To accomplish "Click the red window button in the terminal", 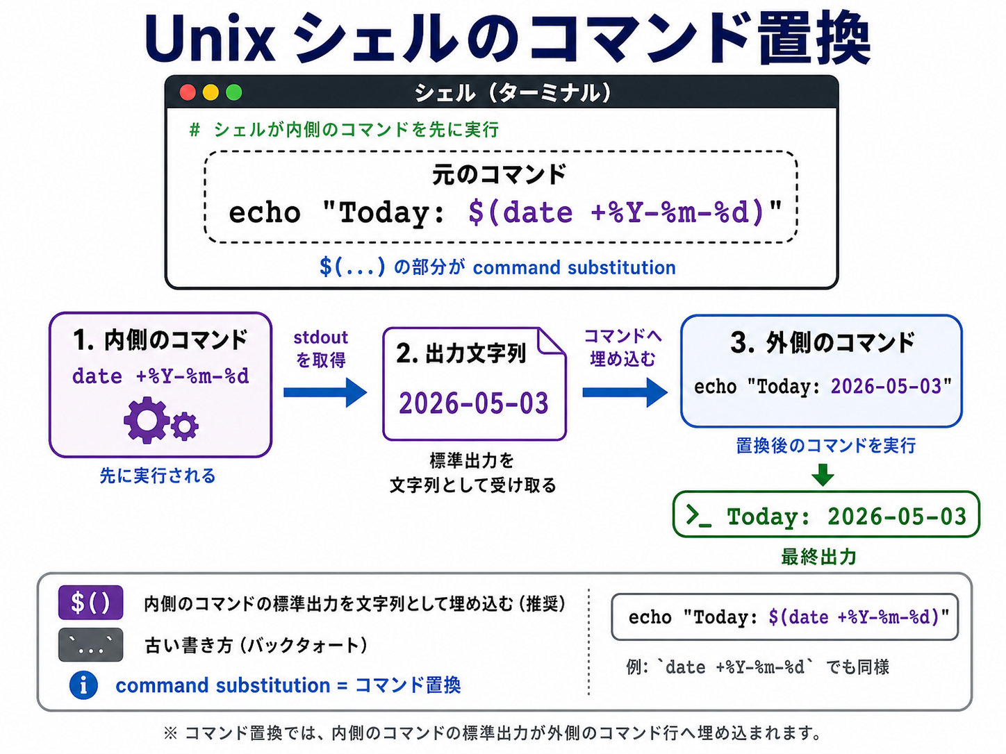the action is [188, 92].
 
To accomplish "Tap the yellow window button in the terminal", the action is [211, 92].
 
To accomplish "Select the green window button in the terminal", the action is [234, 92].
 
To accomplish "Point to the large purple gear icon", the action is [146, 420].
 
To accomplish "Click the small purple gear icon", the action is [185, 426].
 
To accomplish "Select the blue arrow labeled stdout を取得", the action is [325, 392].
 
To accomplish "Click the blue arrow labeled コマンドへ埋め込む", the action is [625, 392].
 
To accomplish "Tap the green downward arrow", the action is [823, 475].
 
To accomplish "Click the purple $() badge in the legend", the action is [91, 603].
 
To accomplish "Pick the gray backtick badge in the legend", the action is [91, 644].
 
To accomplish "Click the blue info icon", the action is [83, 685].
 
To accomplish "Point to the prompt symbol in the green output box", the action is [698, 517].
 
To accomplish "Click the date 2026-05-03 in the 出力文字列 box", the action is [473, 403].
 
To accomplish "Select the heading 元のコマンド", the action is [500, 174].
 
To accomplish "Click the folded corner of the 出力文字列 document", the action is [552, 341].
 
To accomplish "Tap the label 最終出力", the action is [818, 557].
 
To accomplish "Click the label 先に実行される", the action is [158, 476].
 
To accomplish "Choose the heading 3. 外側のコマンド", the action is [822, 342].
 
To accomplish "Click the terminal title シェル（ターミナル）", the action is [513, 93].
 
